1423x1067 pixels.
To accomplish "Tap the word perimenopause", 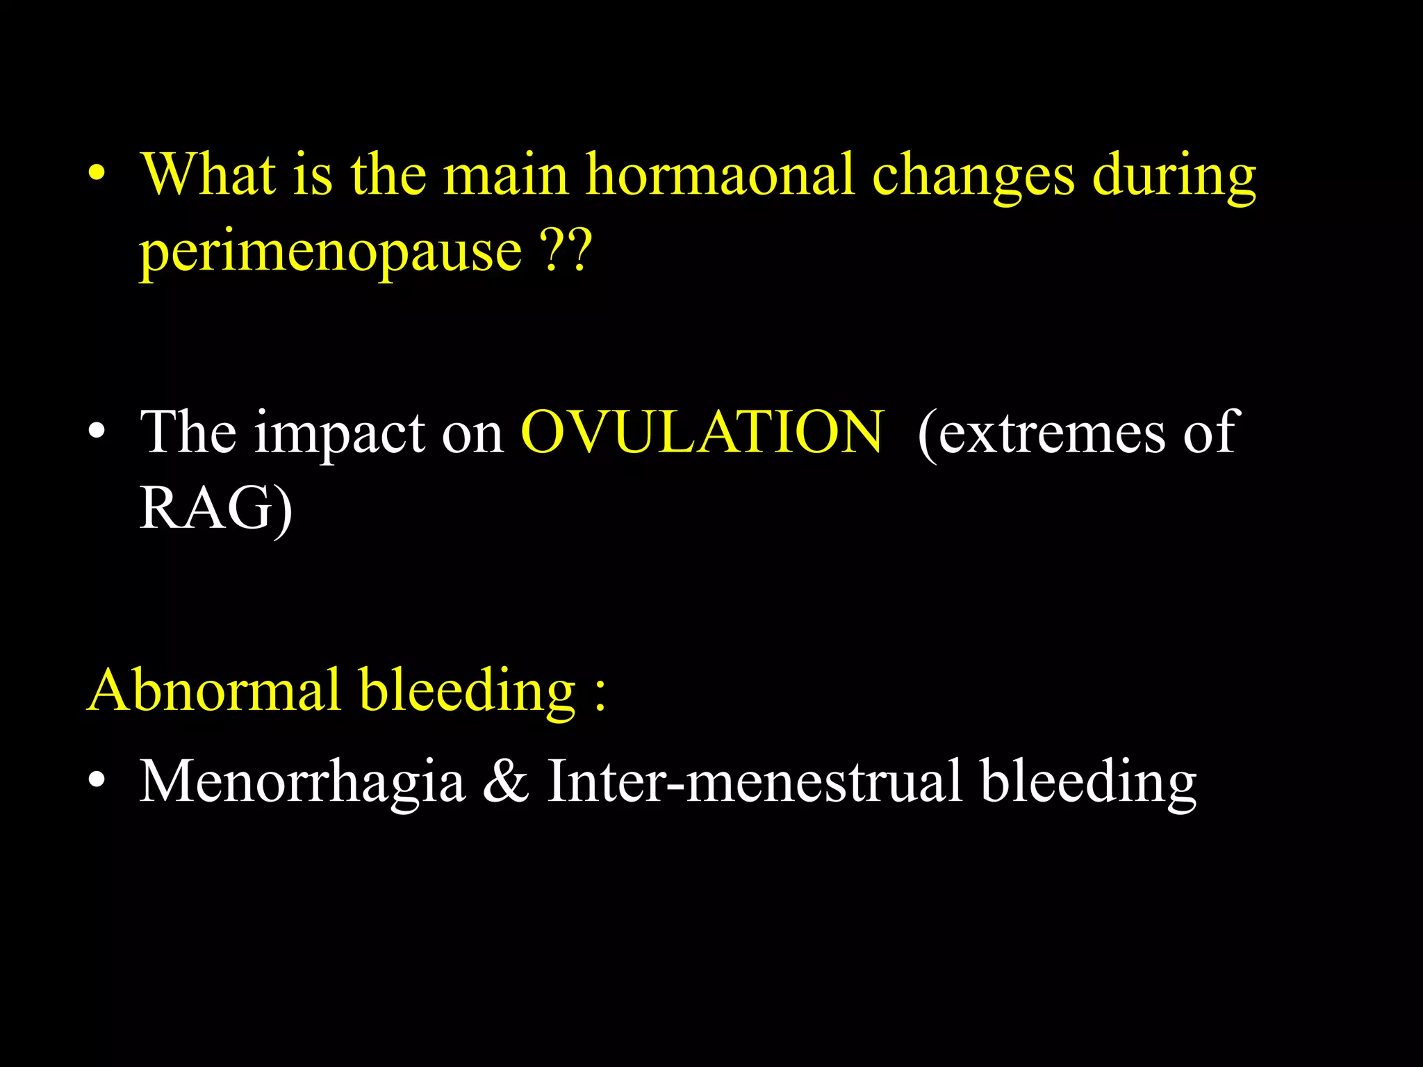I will [x=331, y=251].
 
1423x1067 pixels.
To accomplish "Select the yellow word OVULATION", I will [x=702, y=432].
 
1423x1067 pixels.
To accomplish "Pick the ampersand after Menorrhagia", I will [x=505, y=781].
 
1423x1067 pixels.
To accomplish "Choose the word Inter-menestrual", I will [x=755, y=781].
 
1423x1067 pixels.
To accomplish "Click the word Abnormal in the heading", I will [x=215, y=690].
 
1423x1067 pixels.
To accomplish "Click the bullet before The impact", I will [x=97, y=432].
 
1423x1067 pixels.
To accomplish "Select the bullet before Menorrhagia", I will [x=97, y=781].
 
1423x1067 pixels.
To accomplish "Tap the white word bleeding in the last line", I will [x=1088, y=782].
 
